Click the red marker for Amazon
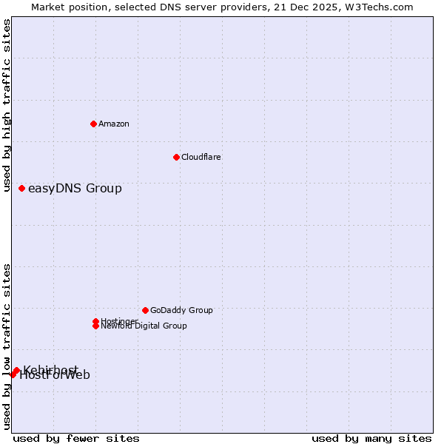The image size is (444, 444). click(x=93, y=124)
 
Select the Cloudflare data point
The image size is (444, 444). click(x=176, y=157)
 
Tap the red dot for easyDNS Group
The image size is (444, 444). click(x=22, y=189)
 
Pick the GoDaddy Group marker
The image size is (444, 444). click(x=145, y=310)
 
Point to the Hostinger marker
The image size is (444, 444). click(x=95, y=321)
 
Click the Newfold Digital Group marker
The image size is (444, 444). click(x=95, y=326)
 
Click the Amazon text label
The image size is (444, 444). click(x=114, y=124)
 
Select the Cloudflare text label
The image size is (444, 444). click(x=201, y=157)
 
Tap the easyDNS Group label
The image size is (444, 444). click(x=75, y=189)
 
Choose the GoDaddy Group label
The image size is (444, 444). click(x=181, y=310)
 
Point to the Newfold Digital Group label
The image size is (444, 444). click(x=144, y=326)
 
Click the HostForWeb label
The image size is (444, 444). click(x=55, y=375)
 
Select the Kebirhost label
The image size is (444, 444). click(x=50, y=370)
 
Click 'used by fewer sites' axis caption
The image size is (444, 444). click(x=76, y=438)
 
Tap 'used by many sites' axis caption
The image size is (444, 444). click(x=371, y=438)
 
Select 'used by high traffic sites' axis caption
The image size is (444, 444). click(x=7, y=106)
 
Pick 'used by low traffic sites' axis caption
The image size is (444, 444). click(x=7, y=346)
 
